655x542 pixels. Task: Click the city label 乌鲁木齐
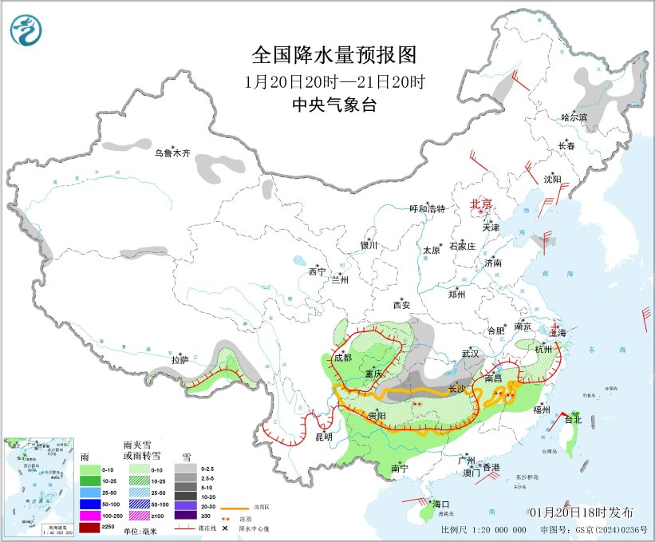point(172,152)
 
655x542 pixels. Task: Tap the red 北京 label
point(482,203)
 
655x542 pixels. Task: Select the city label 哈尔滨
point(573,117)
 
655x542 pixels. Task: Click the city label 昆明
point(324,437)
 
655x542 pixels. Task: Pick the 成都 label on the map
point(342,358)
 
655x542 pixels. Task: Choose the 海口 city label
point(441,504)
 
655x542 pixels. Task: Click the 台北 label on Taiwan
point(574,418)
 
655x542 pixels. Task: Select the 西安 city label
point(401,305)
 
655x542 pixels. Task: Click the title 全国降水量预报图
point(334,55)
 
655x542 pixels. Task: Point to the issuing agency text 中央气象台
point(334,105)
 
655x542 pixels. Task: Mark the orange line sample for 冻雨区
point(232,505)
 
